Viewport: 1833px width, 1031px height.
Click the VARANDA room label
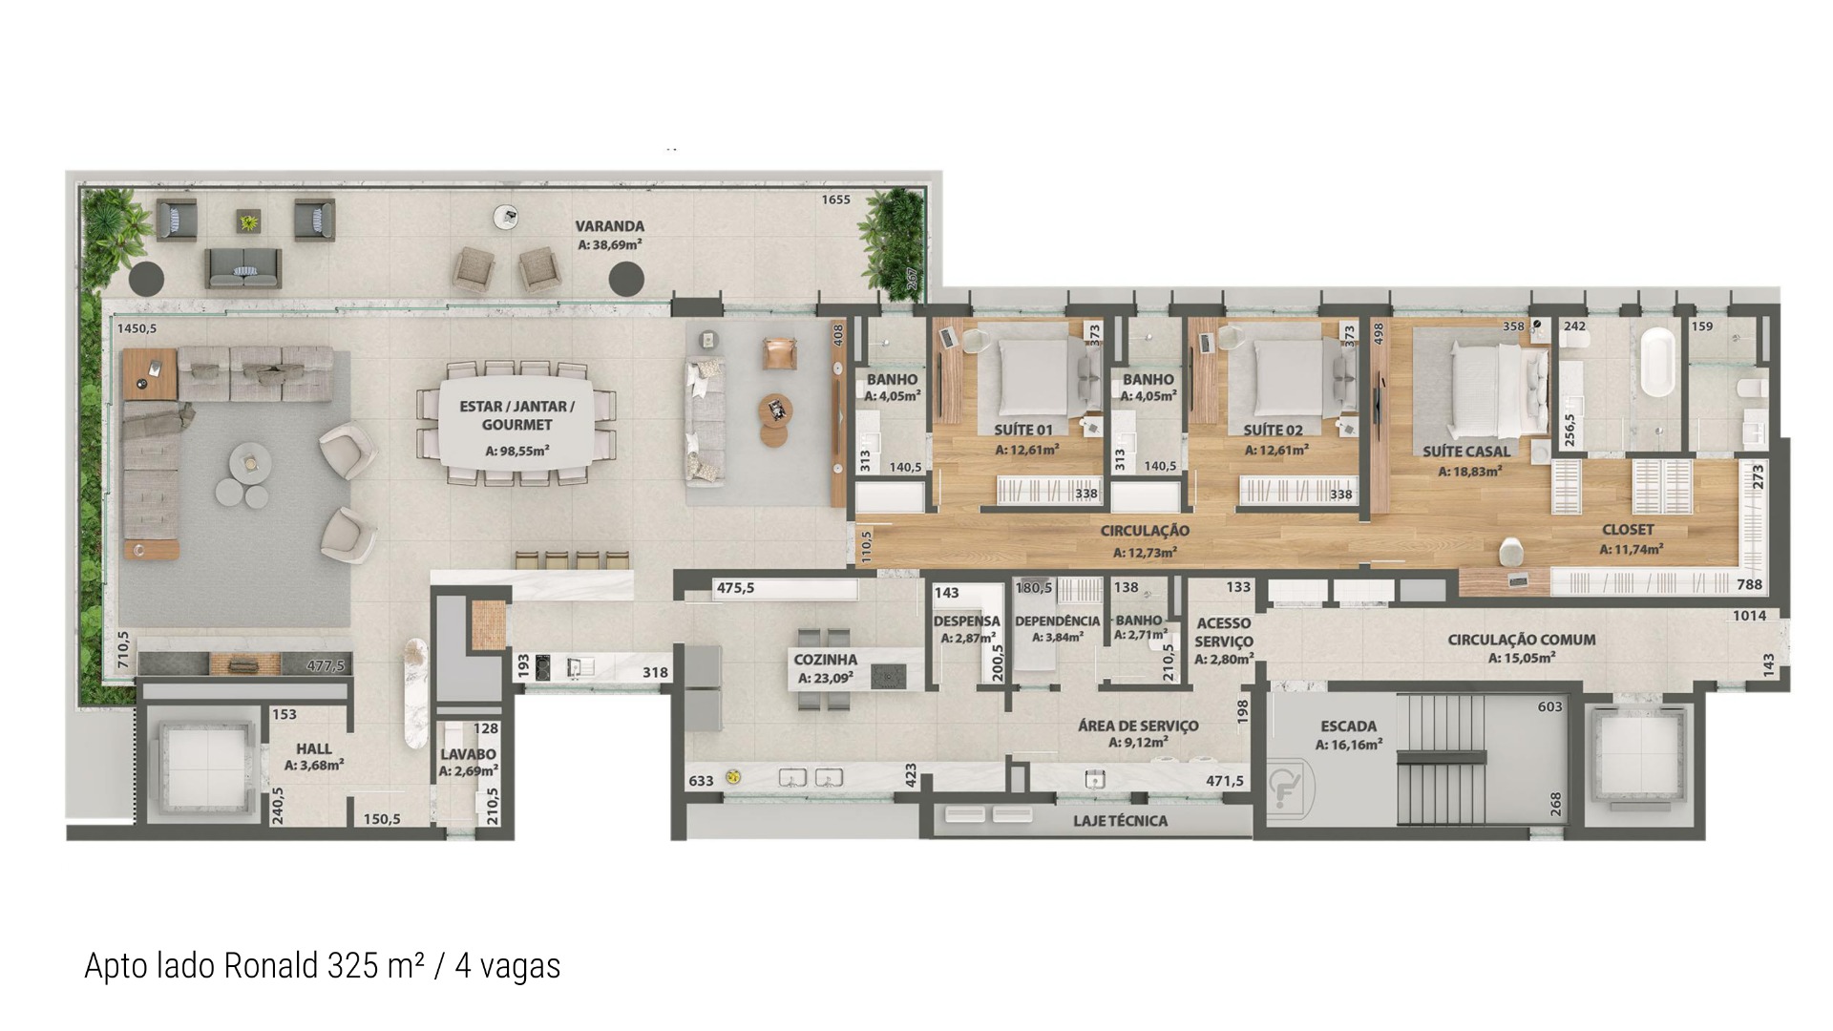pyautogui.click(x=609, y=226)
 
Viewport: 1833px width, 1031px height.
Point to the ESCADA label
pyautogui.click(x=1348, y=726)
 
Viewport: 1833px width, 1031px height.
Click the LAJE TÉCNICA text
pyautogui.click(x=1120, y=821)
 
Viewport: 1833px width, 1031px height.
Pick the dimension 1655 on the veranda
pyautogui.click(x=835, y=200)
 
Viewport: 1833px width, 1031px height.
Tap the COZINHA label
pyautogui.click(x=826, y=660)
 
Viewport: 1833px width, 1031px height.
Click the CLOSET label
pyautogui.click(x=1628, y=530)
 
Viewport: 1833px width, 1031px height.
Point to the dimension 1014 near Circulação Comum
pyautogui.click(x=1749, y=616)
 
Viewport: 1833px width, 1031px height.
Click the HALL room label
pyautogui.click(x=314, y=748)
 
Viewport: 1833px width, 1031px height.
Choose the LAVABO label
pyautogui.click(x=468, y=754)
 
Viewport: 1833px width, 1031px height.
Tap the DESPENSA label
pyautogui.click(x=966, y=621)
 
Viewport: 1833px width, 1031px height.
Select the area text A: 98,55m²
pyautogui.click(x=516, y=451)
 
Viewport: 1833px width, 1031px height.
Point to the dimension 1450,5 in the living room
pyautogui.click(x=137, y=328)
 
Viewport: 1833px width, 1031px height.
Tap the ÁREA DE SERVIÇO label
pyautogui.click(x=1138, y=726)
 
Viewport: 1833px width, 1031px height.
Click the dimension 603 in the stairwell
pyautogui.click(x=1549, y=707)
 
